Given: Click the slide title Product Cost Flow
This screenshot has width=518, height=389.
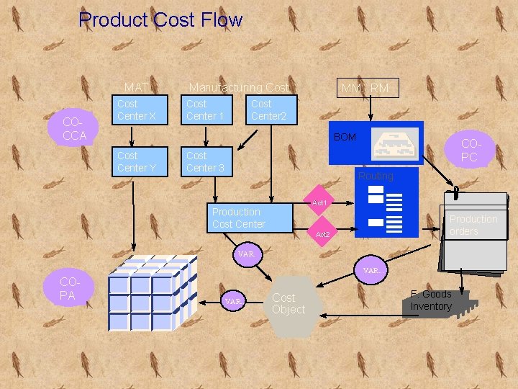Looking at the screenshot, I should pyautogui.click(x=160, y=19).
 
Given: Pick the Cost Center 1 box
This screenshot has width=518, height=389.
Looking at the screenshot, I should pyautogui.click(x=206, y=109).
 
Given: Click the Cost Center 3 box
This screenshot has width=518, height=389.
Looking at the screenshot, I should pyautogui.click(x=206, y=161).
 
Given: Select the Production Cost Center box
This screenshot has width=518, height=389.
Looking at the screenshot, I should pyautogui.click(x=252, y=218).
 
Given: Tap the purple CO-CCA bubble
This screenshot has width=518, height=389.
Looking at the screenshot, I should pyautogui.click(x=74, y=130).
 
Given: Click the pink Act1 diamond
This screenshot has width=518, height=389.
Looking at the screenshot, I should pyautogui.click(x=319, y=203).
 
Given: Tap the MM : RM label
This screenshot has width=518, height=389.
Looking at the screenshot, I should pyautogui.click(x=365, y=89).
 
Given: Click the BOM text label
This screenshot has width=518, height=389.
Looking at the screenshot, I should pyautogui.click(x=345, y=137).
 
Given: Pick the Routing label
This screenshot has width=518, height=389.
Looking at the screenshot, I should pyautogui.click(x=376, y=176).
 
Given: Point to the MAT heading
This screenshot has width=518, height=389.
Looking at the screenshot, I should pyautogui.click(x=136, y=88).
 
